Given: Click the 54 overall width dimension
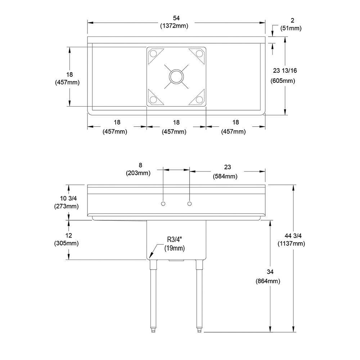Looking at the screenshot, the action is click(x=176, y=18).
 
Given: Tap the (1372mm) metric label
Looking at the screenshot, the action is click(x=174, y=26).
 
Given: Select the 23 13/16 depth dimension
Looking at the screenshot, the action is click(x=285, y=71).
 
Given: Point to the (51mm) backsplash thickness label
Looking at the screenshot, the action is click(x=291, y=28).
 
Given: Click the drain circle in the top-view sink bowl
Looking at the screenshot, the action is click(x=176, y=76).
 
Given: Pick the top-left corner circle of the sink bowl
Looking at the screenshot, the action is click(x=153, y=54).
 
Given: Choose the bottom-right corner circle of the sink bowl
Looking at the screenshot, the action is click(x=199, y=100).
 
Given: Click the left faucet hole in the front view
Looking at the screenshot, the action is click(x=163, y=204).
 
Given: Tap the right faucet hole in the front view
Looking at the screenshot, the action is click(x=189, y=204).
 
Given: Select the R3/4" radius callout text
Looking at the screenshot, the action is click(x=174, y=240).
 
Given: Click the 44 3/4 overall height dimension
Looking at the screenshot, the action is click(x=293, y=235).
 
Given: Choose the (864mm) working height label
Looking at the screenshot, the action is click(x=268, y=281).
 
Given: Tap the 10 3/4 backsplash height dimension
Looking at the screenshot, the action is click(x=68, y=198).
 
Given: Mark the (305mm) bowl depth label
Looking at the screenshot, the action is click(x=66, y=243).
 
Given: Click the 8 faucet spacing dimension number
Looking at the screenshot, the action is click(x=140, y=165).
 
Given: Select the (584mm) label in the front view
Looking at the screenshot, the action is click(x=225, y=176).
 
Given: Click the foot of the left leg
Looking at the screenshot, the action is click(x=153, y=330).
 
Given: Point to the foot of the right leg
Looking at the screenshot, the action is click(x=199, y=330).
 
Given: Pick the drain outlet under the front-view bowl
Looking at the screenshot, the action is click(x=176, y=260).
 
